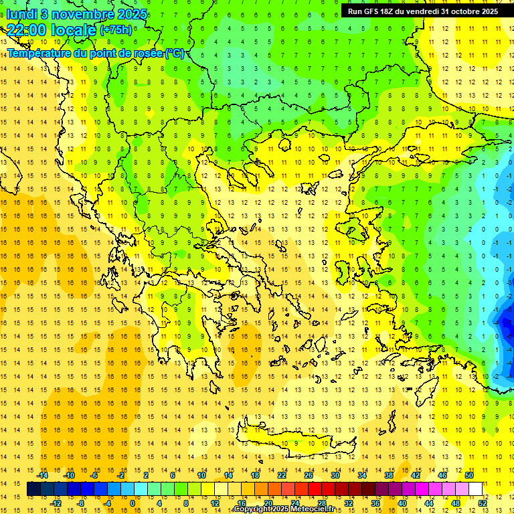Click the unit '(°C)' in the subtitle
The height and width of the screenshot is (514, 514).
[174, 53]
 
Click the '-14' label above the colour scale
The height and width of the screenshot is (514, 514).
[42, 475]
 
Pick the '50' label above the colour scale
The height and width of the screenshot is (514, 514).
[469, 475]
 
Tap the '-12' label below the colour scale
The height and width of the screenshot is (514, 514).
[56, 503]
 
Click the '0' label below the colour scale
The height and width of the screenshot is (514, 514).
[133, 503]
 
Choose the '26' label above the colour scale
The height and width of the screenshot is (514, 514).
[308, 475]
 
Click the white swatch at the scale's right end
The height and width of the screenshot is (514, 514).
[476, 489]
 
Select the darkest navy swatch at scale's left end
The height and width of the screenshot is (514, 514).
[33, 489]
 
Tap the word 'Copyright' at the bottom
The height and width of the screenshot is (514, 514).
[252, 509]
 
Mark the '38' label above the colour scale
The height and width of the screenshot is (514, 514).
[389, 475]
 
